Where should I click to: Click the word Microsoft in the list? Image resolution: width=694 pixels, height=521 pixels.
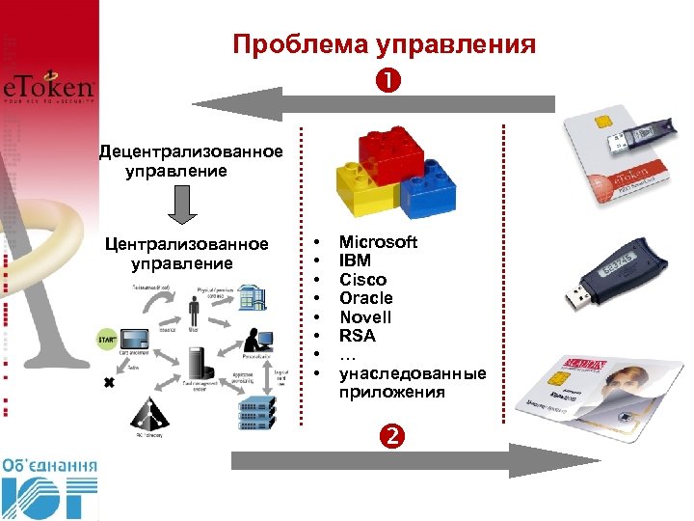(378, 242)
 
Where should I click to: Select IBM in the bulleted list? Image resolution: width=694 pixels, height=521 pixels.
(355, 260)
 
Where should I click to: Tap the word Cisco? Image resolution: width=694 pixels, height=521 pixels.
(362, 280)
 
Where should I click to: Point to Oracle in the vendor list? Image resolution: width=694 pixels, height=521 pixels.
(365, 298)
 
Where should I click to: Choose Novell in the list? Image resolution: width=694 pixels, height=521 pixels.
(365, 317)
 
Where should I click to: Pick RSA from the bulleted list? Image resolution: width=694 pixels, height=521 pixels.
(358, 336)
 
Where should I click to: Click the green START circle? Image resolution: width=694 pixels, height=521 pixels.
(107, 340)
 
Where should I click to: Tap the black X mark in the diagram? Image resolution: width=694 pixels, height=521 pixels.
(108, 383)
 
